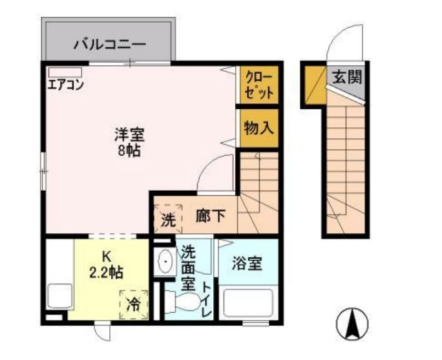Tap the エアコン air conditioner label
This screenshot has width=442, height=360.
click(65, 85)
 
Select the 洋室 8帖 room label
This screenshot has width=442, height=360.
click(129, 143)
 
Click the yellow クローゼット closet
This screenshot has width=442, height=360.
click(259, 85)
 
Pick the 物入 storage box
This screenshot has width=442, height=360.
click(259, 127)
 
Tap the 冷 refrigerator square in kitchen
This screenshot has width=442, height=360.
click(134, 302)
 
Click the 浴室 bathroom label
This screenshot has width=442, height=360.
click(247, 264)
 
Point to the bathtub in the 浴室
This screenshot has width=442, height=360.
click(249, 302)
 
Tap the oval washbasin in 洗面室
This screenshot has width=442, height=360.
click(165, 264)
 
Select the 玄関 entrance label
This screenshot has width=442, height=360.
click(346, 77)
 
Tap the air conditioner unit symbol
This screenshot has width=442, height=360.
click(64, 71)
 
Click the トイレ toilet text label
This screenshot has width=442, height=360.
click(206, 299)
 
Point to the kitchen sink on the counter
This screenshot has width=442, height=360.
click(59, 296)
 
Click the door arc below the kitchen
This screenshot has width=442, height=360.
click(101, 330)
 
